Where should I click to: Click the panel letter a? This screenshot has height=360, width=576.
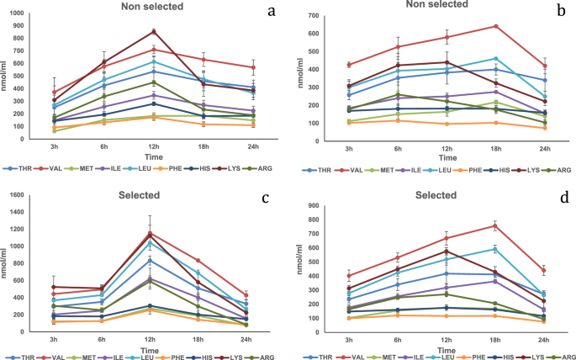click(x=271, y=12)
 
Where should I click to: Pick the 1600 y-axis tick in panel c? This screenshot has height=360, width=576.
click(x=17, y=196)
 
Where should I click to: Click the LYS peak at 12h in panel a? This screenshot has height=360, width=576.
click(x=154, y=32)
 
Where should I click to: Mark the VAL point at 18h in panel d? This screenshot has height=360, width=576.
click(x=495, y=225)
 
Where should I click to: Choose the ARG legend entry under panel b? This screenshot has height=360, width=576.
click(x=562, y=169)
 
